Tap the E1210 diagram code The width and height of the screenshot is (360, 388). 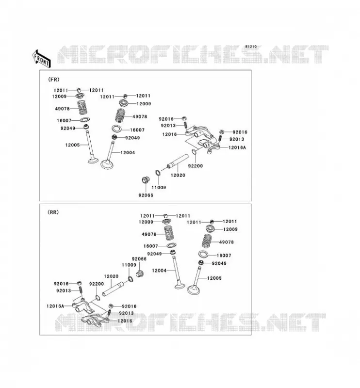(251, 47)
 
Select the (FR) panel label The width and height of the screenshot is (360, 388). (53, 80)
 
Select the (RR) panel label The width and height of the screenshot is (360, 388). (53, 212)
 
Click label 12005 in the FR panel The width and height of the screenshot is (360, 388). (73, 145)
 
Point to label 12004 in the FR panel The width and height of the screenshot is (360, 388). (128, 153)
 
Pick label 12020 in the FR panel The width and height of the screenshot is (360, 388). (178, 175)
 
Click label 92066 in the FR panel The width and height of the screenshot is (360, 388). (146, 195)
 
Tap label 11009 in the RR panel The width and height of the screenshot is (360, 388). (129, 265)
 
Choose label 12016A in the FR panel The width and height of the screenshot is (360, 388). (237, 147)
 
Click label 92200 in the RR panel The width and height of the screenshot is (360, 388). (97, 284)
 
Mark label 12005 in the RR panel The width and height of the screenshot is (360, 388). (214, 278)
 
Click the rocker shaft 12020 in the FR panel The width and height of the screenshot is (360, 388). (177, 162)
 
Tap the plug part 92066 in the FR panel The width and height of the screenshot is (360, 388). (145, 180)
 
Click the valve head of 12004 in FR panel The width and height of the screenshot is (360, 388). (107, 164)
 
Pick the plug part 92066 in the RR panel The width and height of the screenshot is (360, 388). (140, 274)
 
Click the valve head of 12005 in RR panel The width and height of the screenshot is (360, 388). (194, 290)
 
